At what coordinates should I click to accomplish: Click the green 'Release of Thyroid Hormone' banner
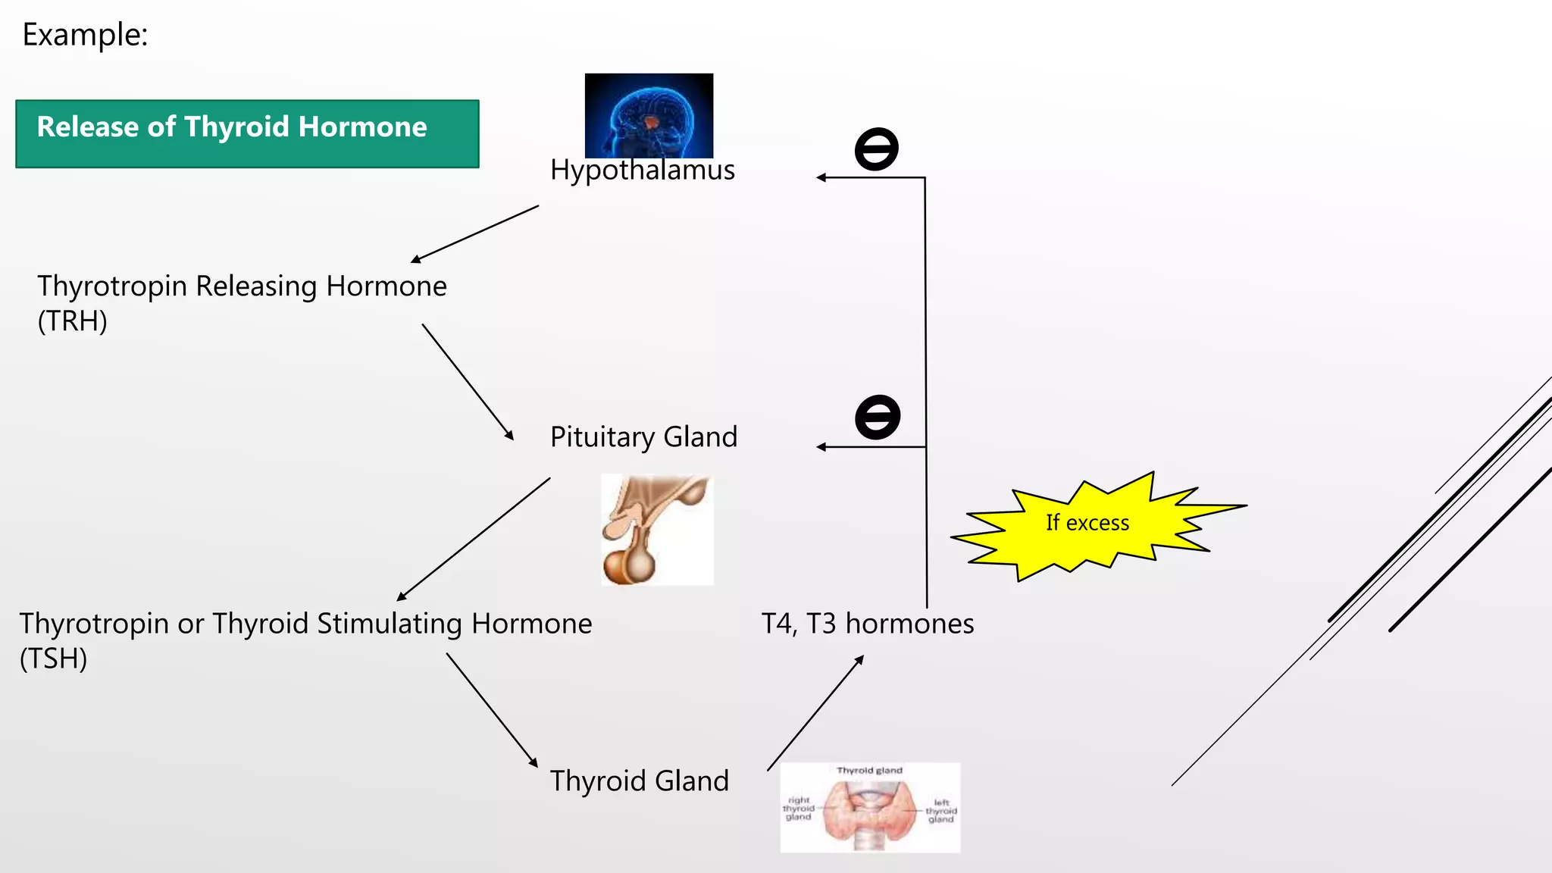247,133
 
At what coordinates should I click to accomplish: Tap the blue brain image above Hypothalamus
649,114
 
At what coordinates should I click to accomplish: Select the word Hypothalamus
643,170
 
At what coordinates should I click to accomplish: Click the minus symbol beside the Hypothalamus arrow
876,149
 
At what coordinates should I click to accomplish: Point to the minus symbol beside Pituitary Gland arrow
878,417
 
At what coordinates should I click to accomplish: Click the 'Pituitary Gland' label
643,437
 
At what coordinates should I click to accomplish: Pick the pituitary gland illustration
657,530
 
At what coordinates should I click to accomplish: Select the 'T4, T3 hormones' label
868,624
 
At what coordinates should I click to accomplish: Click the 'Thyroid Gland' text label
640,781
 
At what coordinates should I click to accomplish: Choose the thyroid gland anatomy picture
870,808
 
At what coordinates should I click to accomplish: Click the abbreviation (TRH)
73,321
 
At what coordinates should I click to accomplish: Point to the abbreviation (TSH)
54,659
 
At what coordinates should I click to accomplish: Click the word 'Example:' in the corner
85,35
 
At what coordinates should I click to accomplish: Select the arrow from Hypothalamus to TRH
474,234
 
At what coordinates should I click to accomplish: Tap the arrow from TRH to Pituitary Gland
468,382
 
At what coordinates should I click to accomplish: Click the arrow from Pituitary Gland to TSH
474,539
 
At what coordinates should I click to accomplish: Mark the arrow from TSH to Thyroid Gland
492,710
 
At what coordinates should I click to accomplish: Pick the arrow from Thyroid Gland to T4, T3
815,713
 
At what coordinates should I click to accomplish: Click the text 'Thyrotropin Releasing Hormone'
242,286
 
